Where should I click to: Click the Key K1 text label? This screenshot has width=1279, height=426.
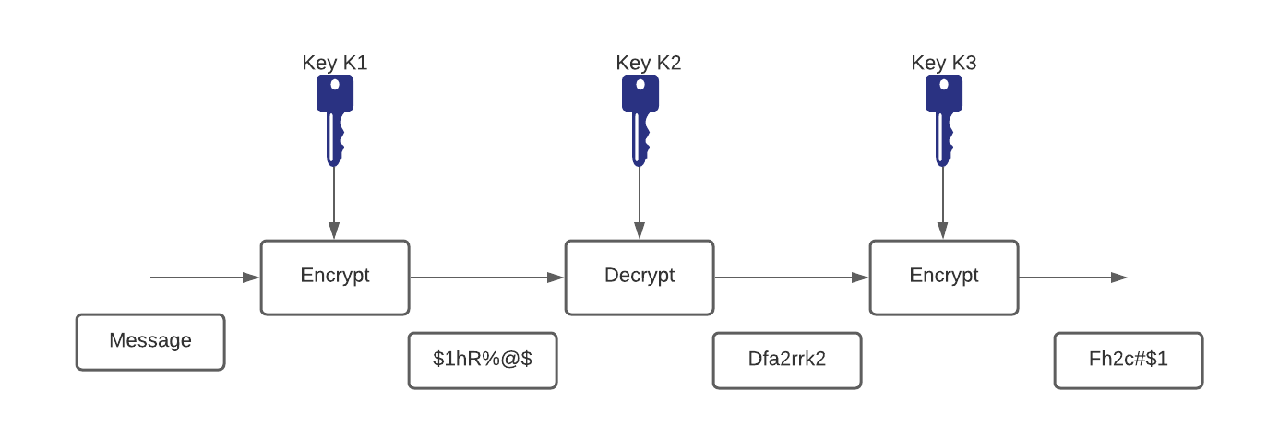point(334,63)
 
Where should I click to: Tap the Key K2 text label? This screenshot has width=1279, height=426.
point(648,63)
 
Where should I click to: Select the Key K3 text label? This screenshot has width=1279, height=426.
point(943,63)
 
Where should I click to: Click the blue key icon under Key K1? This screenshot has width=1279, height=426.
point(334,119)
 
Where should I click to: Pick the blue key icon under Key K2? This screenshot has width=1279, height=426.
point(639,119)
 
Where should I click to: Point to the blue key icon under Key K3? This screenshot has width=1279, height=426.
point(943,119)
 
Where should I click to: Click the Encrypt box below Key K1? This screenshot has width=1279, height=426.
point(335,277)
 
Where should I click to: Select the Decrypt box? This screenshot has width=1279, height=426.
point(639,277)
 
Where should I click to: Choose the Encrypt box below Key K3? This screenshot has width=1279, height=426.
point(944,277)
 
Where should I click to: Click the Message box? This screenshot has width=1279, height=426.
point(150,342)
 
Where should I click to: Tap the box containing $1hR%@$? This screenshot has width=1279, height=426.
point(483,361)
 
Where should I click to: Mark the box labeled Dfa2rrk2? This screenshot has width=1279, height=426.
point(787,361)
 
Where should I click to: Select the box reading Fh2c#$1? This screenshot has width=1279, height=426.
point(1129,361)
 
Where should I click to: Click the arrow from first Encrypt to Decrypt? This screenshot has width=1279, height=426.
point(486,277)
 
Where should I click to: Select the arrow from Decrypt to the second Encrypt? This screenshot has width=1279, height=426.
point(791,277)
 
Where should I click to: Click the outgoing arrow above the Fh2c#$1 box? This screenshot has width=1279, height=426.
point(1072,277)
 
